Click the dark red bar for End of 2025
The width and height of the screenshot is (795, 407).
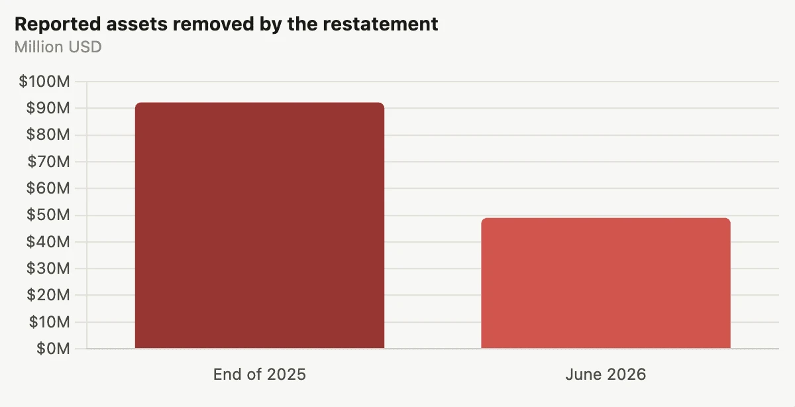pyautogui.click(x=260, y=225)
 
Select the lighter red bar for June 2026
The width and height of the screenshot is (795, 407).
pyautogui.click(x=606, y=283)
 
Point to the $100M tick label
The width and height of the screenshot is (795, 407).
pyautogui.click(x=44, y=82)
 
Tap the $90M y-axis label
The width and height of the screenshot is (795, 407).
pyautogui.click(x=48, y=108)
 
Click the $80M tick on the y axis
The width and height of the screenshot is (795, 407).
pyautogui.click(x=48, y=135)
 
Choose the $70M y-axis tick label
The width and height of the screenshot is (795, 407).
pyautogui.click(x=48, y=162)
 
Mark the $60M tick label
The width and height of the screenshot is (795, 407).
pyautogui.click(x=48, y=188)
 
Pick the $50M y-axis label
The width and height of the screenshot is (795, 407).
pyautogui.click(x=48, y=215)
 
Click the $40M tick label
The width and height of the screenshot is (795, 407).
pyautogui.click(x=48, y=242)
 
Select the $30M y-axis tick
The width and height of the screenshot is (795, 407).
pyautogui.click(x=48, y=268)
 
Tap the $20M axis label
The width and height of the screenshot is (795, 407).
pyautogui.click(x=48, y=295)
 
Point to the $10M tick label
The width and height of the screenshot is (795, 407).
pyautogui.click(x=49, y=322)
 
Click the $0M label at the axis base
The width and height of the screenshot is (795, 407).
pyautogui.click(x=53, y=349)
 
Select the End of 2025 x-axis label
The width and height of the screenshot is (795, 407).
pyautogui.click(x=260, y=375)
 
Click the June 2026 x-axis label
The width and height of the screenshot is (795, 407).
pyautogui.click(x=606, y=375)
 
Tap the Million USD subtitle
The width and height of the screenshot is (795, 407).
pyautogui.click(x=58, y=47)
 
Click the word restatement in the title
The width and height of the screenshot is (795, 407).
pyautogui.click(x=380, y=24)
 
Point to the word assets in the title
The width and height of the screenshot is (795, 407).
pyautogui.click(x=136, y=24)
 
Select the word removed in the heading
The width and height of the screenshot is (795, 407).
pyautogui.click(x=213, y=24)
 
